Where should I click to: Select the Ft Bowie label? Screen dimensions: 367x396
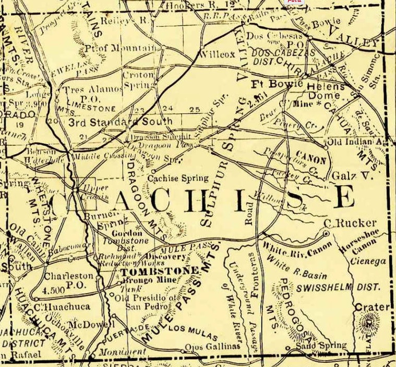click(x=270, y=83)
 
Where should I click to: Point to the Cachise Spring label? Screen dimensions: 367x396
click(x=178, y=178)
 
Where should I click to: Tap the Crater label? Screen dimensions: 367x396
click(x=373, y=307)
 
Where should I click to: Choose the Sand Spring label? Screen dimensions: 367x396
click(x=320, y=345)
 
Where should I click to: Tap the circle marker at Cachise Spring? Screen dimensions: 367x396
click(x=153, y=171)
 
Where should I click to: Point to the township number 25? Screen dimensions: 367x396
click(x=195, y=110)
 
